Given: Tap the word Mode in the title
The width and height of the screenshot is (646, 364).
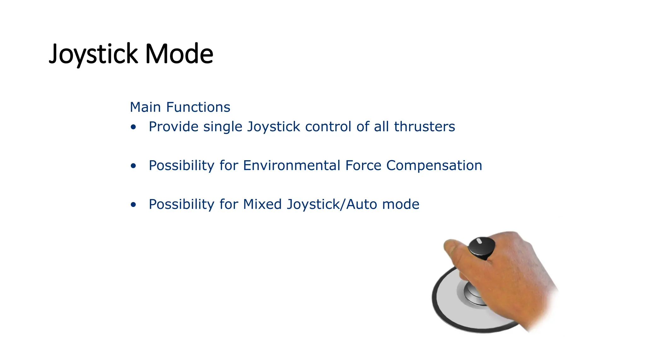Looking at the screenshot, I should point(179,54).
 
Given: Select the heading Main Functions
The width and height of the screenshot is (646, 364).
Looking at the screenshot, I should point(180,107).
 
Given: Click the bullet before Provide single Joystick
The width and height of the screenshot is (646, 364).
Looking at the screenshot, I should point(133,127).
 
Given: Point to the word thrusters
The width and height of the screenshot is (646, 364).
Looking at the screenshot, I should point(424,127).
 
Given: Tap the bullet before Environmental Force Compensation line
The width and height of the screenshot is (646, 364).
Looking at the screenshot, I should point(133,166).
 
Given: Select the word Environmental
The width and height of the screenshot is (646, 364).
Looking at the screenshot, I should point(291,166).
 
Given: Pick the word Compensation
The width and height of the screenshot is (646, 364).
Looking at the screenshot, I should point(434,166).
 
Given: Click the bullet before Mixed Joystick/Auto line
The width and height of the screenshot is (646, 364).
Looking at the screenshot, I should point(133,205).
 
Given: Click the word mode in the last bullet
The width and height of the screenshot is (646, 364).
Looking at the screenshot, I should point(401,204).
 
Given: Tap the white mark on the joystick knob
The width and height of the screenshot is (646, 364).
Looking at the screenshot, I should point(479,241).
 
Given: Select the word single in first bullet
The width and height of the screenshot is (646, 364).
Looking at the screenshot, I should point(223,127).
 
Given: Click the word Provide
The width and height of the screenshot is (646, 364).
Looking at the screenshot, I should point(173,127).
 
